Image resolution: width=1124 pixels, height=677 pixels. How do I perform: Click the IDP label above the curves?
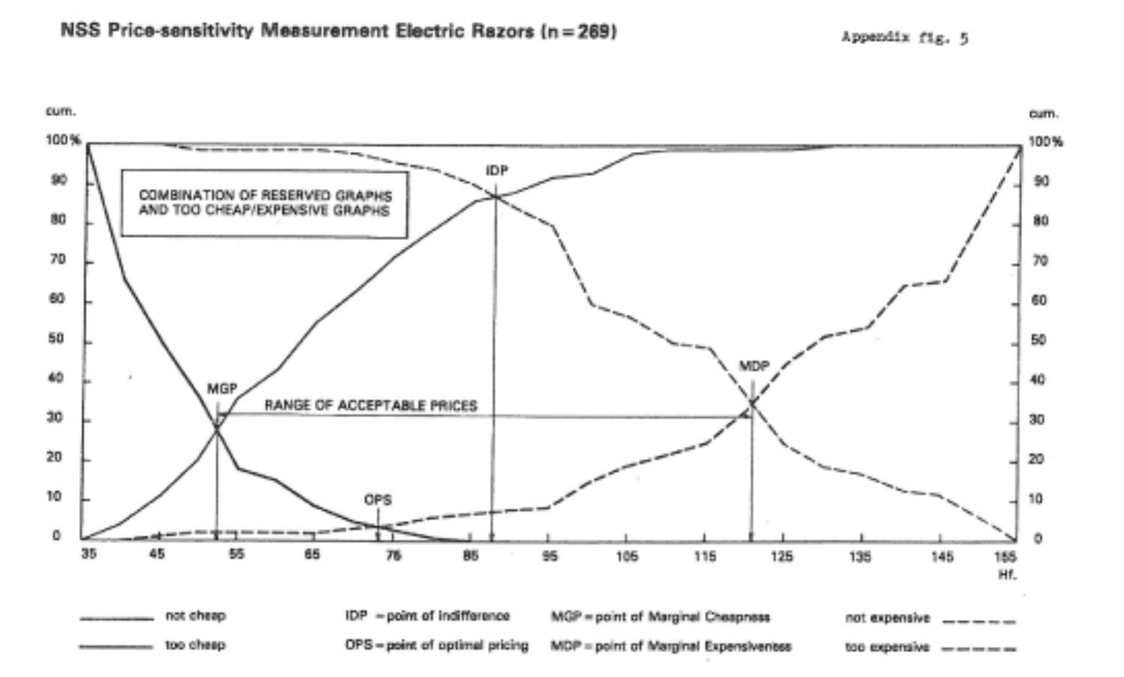[x=497, y=171]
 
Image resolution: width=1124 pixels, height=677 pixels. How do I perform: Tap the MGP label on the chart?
[x=221, y=389]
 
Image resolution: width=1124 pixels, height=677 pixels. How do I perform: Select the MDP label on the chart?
[x=754, y=366]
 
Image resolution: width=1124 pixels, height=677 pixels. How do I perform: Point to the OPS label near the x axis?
[x=378, y=500]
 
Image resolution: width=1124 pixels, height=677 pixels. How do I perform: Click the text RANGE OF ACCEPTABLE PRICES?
[x=371, y=405]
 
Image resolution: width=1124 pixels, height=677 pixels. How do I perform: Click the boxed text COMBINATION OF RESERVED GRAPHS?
[x=265, y=195]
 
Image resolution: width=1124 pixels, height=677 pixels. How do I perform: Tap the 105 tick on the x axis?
[x=626, y=556]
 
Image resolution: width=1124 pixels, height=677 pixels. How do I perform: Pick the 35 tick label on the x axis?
[x=89, y=555]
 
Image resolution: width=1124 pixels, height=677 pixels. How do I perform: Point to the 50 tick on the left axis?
[x=55, y=339]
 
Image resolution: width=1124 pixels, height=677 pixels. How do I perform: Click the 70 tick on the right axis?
[x=1040, y=261]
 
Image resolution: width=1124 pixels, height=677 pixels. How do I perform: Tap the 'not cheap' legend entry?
[x=195, y=616]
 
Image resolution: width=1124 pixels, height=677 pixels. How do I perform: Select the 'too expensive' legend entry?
[x=887, y=647]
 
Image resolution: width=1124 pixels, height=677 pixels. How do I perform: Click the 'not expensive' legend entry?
[x=887, y=618]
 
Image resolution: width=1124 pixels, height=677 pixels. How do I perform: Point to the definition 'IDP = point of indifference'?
[x=427, y=616]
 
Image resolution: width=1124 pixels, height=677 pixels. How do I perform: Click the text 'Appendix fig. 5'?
[x=904, y=38]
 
